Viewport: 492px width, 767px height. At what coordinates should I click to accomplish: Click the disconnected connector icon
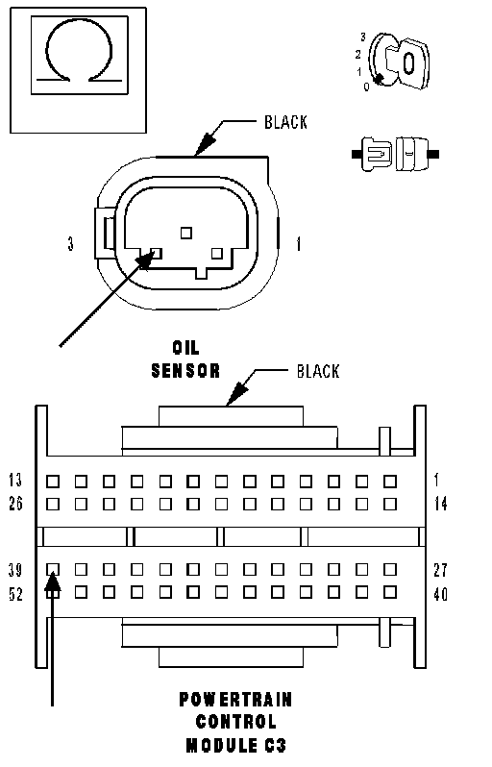[395, 154]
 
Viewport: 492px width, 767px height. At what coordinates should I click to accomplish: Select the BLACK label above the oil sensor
[285, 122]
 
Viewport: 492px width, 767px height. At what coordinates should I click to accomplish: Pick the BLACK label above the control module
[318, 371]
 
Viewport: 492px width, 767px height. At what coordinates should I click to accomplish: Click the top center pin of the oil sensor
[185, 233]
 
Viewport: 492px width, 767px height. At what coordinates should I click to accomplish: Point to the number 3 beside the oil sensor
[71, 243]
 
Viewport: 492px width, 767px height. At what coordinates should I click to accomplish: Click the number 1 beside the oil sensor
[298, 243]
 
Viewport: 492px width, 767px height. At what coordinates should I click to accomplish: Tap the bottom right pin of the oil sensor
[216, 254]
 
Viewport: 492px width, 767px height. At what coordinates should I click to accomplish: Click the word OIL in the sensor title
[185, 348]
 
